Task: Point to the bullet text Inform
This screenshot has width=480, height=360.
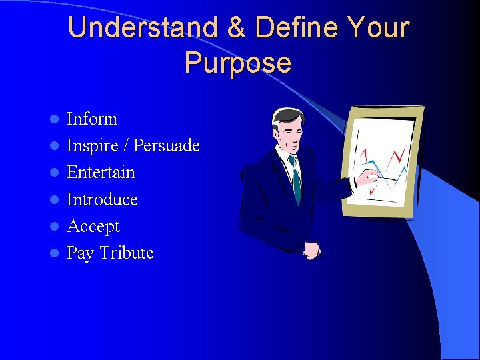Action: [91, 119]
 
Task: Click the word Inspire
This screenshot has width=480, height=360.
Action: [90, 146]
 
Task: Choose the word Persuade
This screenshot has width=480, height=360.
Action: [167, 145]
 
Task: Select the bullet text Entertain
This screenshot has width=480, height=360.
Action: [101, 172]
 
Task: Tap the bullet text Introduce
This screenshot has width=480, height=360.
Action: [102, 199]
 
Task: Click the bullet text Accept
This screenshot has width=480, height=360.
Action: [93, 227]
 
